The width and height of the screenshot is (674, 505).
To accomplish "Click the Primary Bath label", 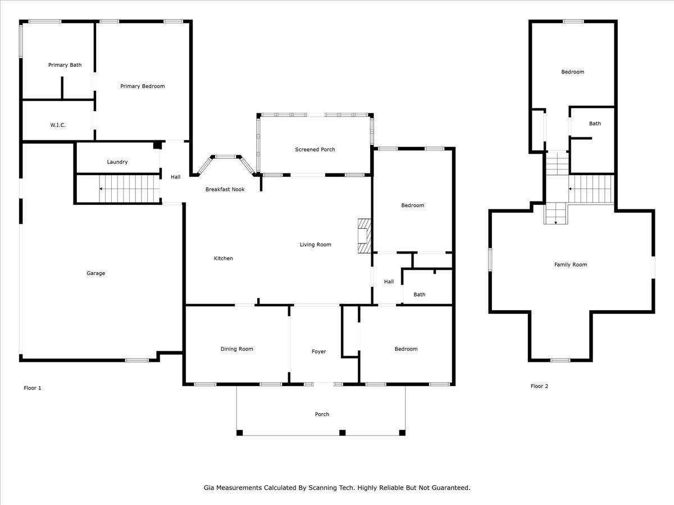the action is click(65, 65).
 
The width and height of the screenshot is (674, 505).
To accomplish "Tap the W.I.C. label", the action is click(58, 125).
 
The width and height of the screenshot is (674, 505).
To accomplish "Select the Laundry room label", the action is click(117, 162).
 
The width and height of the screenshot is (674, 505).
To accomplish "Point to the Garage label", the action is click(96, 273).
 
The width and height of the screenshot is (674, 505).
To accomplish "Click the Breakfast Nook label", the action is click(225, 190).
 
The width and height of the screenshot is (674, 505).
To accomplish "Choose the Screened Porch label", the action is click(315, 150).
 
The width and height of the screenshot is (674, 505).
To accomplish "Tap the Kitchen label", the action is click(223, 259).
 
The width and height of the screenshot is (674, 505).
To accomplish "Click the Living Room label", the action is click(315, 245).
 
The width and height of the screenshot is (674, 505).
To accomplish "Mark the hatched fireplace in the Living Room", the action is click(364, 236).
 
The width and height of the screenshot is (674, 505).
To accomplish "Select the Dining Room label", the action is click(237, 349).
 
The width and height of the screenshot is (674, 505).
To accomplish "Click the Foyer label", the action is click(318, 352).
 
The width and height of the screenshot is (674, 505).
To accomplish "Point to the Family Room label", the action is click(571, 265).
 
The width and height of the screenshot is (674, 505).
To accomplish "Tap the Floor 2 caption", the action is click(539, 387).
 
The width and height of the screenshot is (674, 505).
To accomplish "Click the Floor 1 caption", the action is click(32, 388).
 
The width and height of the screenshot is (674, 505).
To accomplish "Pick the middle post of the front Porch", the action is click(343, 433).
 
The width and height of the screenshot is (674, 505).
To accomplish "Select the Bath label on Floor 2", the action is click(595, 123).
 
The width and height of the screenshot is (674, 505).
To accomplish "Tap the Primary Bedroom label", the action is click(143, 86).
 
